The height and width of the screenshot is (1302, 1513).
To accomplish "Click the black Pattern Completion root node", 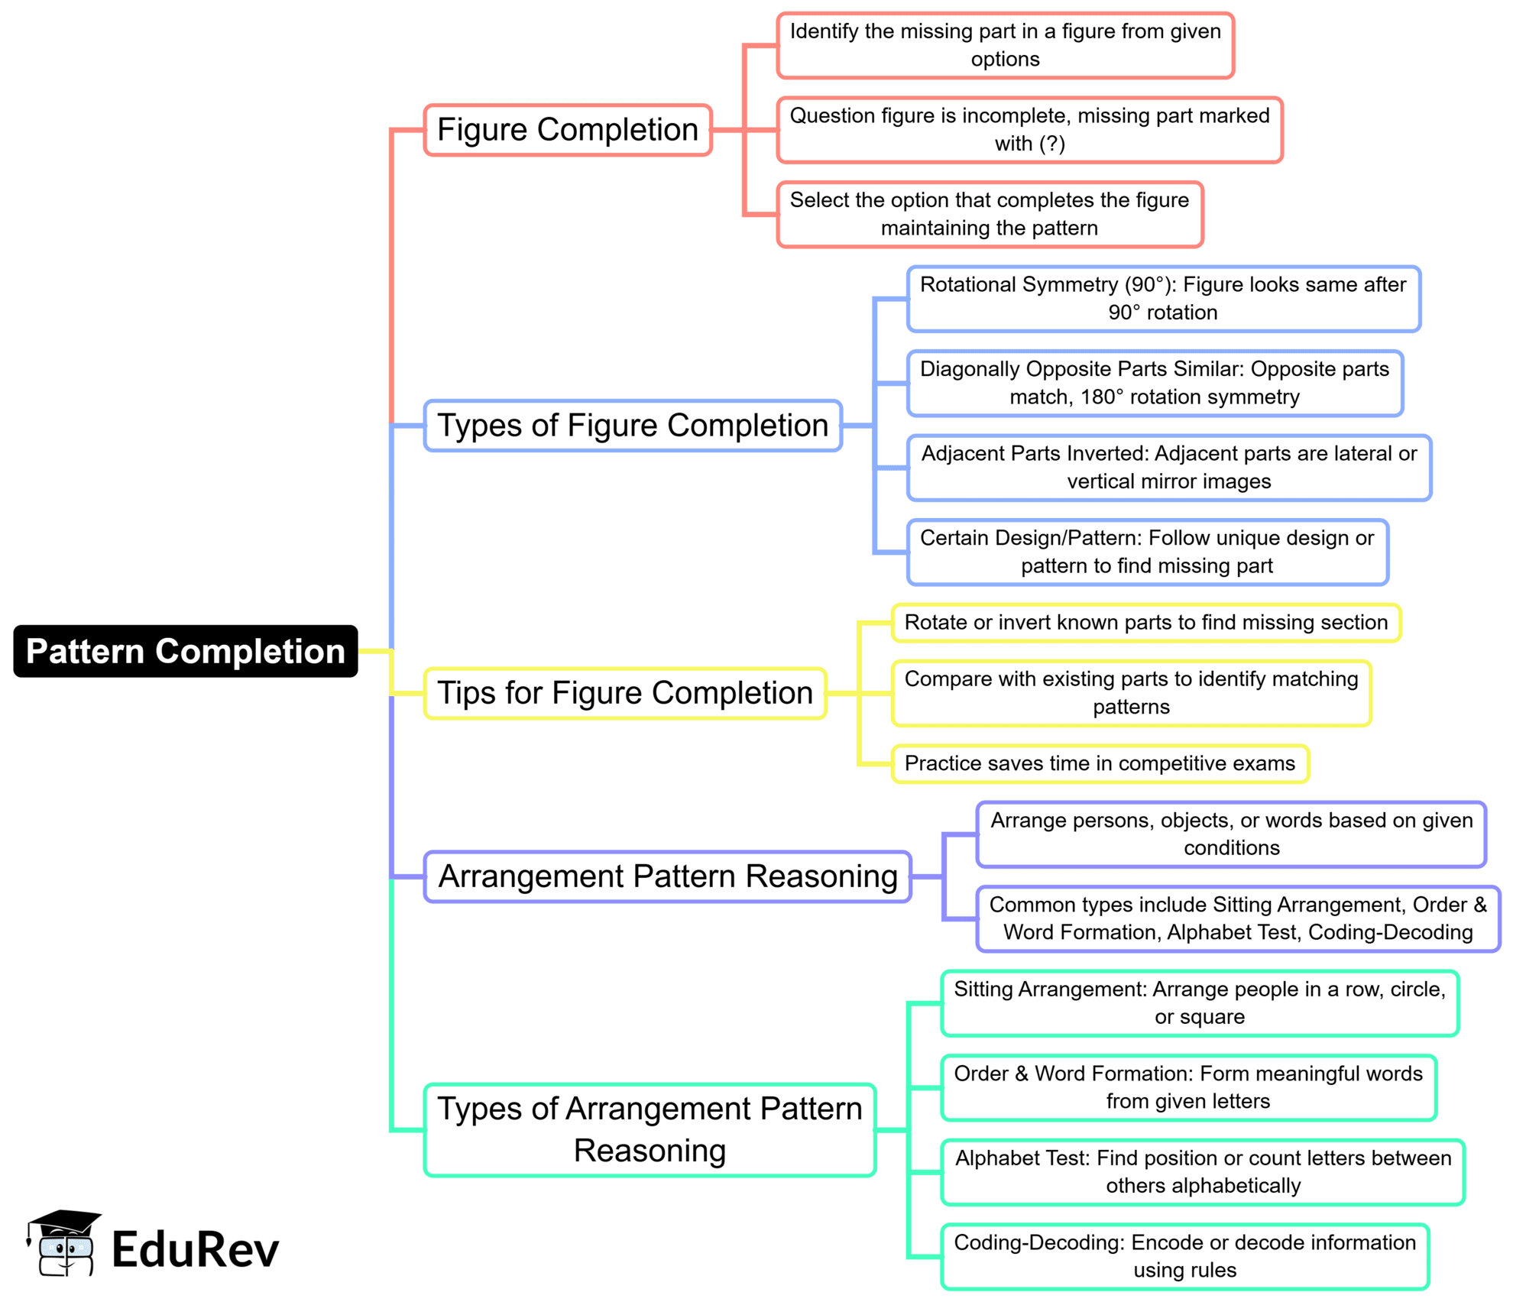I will tap(185, 651).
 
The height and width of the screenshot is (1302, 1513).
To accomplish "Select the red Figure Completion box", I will tap(568, 130).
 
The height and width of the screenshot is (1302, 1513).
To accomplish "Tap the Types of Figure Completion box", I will tap(633, 426).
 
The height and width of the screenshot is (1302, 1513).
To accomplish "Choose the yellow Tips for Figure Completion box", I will tap(625, 693).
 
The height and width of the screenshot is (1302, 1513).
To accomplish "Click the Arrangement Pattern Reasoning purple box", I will tap(668, 876).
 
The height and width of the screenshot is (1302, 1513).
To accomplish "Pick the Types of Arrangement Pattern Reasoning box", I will tap(650, 1129).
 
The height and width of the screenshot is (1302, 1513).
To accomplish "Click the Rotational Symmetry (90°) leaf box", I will tap(1163, 299).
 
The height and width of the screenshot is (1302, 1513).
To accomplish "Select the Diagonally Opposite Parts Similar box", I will tap(1155, 383).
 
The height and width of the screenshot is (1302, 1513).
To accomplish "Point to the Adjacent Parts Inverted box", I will tap(1169, 468).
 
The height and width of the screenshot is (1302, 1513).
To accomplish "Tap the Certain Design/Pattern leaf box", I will tap(1147, 552).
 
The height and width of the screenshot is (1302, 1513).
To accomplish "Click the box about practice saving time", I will tap(1100, 763).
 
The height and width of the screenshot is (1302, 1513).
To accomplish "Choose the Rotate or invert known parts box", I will tap(1146, 623).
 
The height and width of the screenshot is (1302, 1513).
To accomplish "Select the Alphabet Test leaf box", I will tap(1203, 1172).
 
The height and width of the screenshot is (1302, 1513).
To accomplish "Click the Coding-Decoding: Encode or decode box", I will tap(1185, 1256).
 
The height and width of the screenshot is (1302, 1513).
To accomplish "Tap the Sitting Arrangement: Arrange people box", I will tap(1200, 1003).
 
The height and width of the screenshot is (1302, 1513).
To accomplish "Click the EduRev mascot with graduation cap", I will tap(64, 1244).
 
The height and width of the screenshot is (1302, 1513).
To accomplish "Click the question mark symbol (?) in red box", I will tap(1051, 144).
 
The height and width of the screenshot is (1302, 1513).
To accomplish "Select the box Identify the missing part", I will tap(1006, 46).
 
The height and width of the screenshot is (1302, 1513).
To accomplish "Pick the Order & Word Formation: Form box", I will tap(1188, 1087).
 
